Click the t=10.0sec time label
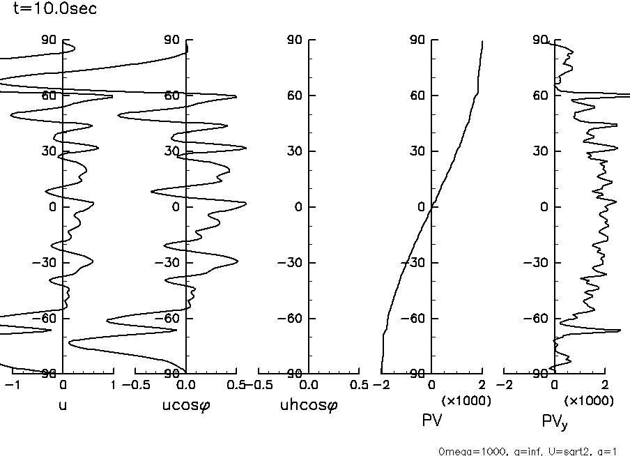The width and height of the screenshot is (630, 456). point(55,9)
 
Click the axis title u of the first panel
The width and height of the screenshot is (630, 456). point(62,403)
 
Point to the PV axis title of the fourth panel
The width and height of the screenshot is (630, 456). point(432,420)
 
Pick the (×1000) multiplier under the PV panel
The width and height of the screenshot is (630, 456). point(467,401)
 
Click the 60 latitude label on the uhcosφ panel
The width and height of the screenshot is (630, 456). point(294,96)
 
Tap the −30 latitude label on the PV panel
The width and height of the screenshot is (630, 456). point(411,263)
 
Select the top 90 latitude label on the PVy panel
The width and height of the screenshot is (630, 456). point(539,40)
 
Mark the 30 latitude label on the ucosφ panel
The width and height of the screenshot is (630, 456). point(171,151)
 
